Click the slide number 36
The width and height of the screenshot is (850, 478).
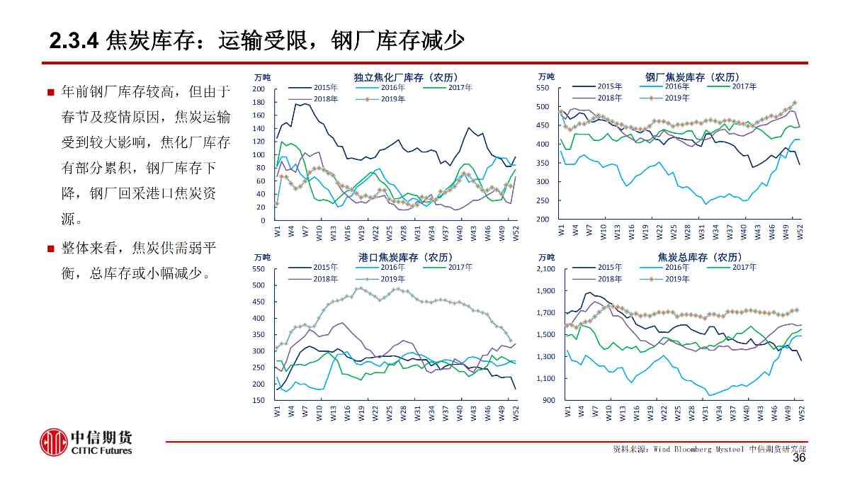(x=798, y=458)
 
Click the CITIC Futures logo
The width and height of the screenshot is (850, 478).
(x=86, y=442)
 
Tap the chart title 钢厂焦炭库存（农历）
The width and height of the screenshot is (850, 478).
(x=692, y=77)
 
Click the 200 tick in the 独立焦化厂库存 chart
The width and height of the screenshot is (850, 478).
(x=259, y=89)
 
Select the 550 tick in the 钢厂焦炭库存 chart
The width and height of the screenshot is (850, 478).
(x=543, y=88)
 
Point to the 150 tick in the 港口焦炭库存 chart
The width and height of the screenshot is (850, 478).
(x=259, y=400)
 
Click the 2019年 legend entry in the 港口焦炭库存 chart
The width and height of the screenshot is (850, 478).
(x=392, y=279)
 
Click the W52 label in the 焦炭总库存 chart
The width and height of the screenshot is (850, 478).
(x=801, y=412)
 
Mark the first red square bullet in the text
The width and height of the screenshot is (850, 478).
(x=50, y=93)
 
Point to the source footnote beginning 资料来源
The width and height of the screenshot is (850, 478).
(x=709, y=449)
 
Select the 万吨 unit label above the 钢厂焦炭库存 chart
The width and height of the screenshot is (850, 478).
(x=546, y=76)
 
